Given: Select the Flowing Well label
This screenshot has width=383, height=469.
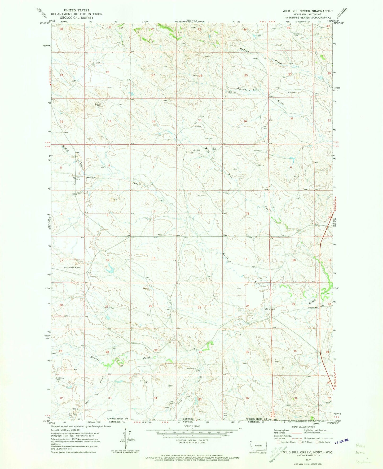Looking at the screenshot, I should click(312, 308).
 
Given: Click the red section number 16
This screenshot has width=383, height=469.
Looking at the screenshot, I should click(107, 260).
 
